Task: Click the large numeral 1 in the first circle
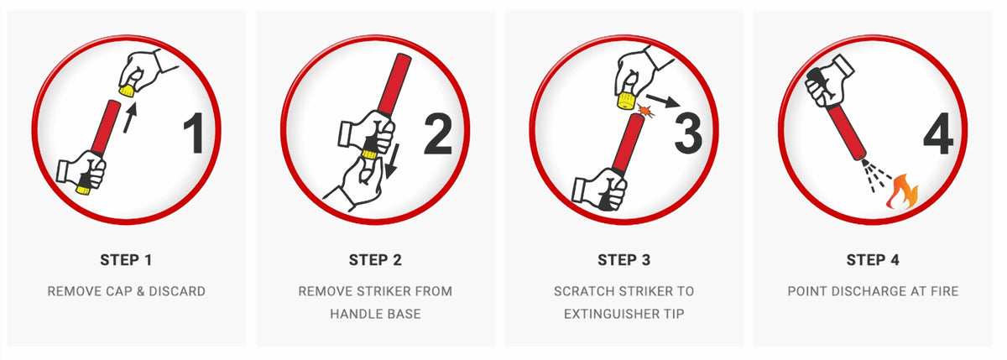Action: (x=195, y=133)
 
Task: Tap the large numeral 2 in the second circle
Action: (x=438, y=134)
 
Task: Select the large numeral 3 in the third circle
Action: (x=688, y=133)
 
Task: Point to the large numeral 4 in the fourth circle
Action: (x=938, y=134)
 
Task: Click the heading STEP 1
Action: (x=126, y=260)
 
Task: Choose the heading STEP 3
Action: (x=624, y=260)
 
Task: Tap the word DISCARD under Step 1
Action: (x=177, y=291)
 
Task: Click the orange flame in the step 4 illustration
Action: (x=903, y=191)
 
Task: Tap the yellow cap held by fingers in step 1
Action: (x=127, y=91)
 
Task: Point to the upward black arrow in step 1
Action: (x=130, y=117)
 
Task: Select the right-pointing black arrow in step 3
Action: (x=663, y=101)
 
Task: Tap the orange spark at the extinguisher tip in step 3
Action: (x=645, y=110)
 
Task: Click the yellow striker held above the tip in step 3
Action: (x=625, y=101)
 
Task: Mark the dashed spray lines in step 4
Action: (x=876, y=175)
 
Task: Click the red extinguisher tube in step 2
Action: (x=394, y=86)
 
